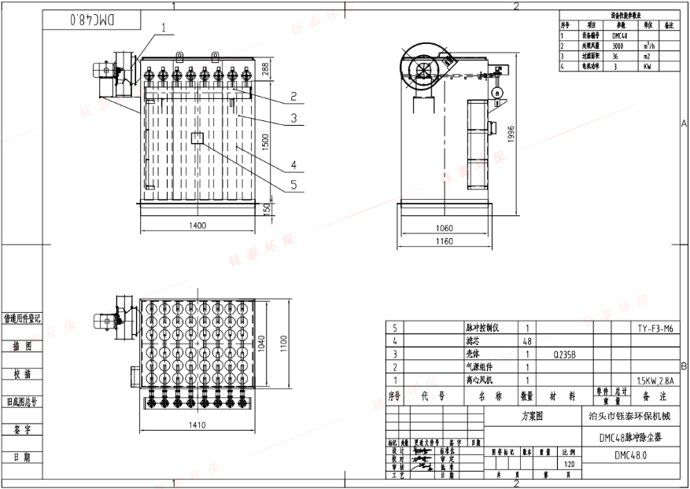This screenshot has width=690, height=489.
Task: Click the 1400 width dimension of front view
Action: click(197, 226)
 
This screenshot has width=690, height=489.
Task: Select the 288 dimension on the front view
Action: click(265, 69)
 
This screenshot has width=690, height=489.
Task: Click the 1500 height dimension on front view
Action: click(265, 142)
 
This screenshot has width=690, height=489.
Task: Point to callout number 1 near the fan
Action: click(165, 27)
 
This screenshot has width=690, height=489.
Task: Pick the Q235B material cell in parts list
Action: click(564, 355)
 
